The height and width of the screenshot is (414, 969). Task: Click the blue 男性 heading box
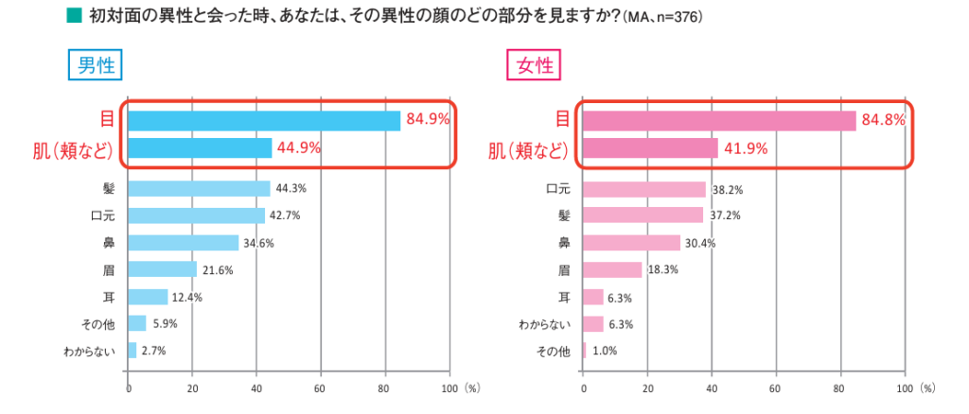click(96, 66)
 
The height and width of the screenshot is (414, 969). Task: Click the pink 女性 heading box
click(535, 66)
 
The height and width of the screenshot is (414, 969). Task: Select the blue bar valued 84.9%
click(264, 120)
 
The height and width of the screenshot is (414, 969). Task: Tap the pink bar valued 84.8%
click(719, 120)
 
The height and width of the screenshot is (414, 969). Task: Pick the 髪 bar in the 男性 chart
click(199, 188)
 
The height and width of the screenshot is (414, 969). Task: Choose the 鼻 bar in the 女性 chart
click(631, 243)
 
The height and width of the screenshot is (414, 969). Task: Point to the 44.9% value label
click(299, 147)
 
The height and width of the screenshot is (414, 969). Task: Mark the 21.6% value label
click(219, 270)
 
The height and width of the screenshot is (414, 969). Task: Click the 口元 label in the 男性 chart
click(101, 216)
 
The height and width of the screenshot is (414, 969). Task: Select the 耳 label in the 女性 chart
click(564, 298)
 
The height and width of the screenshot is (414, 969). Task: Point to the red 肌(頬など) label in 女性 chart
click(527, 149)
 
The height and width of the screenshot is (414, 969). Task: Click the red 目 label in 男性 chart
click(107, 120)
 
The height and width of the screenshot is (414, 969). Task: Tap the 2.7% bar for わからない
click(132, 352)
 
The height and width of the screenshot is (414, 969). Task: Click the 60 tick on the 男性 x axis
click(321, 388)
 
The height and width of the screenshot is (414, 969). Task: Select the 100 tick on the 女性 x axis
click(904, 388)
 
